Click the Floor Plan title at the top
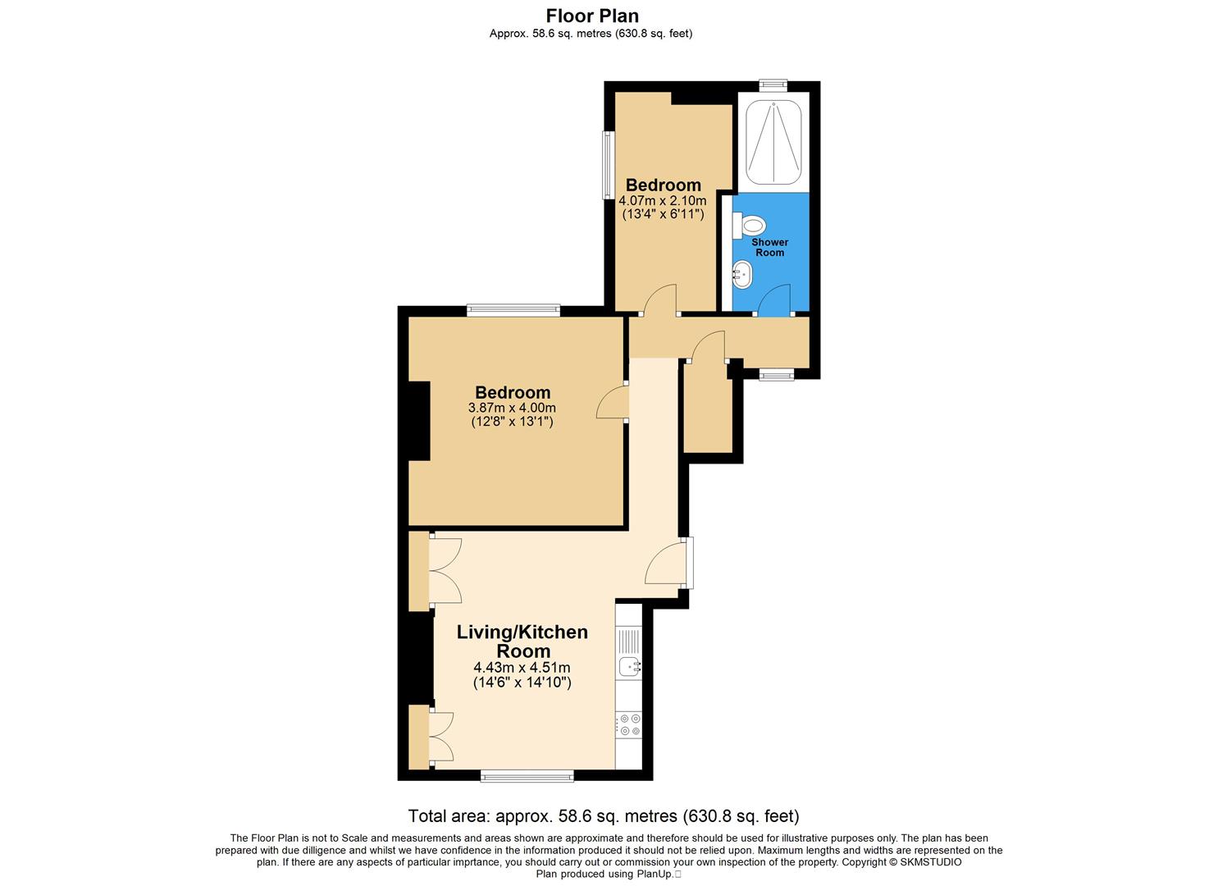tap(592, 16)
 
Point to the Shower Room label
tap(770, 248)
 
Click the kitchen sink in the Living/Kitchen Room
tap(629, 667)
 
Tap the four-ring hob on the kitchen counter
tap(630, 724)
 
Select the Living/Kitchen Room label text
tap(522, 642)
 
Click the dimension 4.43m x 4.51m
tap(522, 668)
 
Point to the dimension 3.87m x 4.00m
tap(512, 408)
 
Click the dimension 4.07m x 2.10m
tap(663, 200)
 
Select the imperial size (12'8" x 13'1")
tap(512, 422)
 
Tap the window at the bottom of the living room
tap(527, 775)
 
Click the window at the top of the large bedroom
tap(513, 310)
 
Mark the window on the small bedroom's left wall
tap(608, 164)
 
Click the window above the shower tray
tap(773, 84)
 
